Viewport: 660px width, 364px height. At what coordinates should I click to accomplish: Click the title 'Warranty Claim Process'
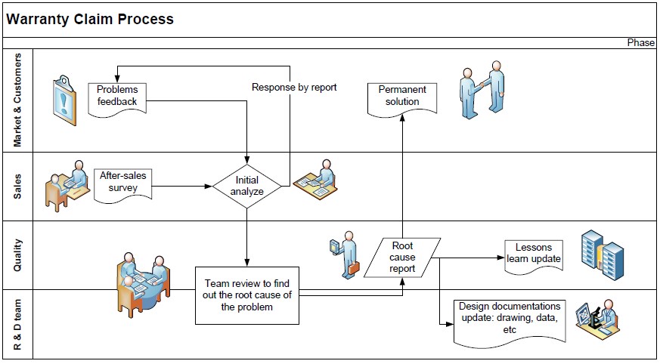click(x=90, y=19)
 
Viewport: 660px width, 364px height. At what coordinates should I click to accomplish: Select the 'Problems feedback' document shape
click(x=116, y=97)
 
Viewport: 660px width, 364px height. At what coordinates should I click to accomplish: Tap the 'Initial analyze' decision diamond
click(x=247, y=186)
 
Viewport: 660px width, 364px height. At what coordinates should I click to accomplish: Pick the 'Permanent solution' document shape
click(x=401, y=96)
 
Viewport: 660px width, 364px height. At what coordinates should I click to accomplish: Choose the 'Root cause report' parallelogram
click(x=402, y=257)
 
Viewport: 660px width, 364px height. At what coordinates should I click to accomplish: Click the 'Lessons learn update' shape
click(x=534, y=254)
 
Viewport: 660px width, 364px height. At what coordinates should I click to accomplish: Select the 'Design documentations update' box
click(x=510, y=319)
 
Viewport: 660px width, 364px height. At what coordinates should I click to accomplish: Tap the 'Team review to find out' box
click(x=247, y=295)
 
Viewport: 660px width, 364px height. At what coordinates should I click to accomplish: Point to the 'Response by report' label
click(x=294, y=88)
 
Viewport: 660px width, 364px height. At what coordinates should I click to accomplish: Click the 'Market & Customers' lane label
click(x=18, y=100)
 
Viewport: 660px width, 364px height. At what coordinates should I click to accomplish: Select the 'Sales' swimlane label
click(x=18, y=187)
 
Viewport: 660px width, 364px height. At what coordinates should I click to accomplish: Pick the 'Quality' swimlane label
click(x=18, y=254)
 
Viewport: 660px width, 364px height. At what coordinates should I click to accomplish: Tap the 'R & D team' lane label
click(x=18, y=324)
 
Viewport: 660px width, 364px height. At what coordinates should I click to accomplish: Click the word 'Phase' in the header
click(x=640, y=43)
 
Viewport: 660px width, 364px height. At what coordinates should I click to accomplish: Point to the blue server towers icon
click(x=601, y=252)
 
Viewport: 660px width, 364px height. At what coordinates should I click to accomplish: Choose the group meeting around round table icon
click(x=144, y=279)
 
